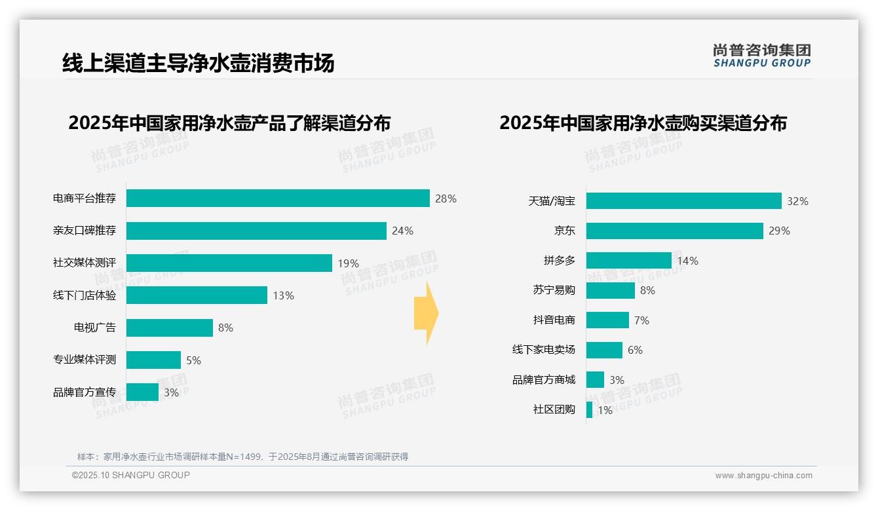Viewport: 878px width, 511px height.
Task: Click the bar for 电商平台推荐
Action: (x=278, y=199)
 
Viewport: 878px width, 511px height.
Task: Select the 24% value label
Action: (x=402, y=231)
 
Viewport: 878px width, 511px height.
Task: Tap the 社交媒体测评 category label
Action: (x=85, y=263)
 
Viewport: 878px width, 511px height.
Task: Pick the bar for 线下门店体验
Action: (x=197, y=295)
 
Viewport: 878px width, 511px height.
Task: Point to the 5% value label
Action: (x=193, y=360)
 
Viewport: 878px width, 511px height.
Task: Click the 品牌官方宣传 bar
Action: (x=142, y=392)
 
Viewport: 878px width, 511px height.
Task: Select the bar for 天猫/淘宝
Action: (x=683, y=201)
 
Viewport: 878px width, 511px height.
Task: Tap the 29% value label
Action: (x=780, y=231)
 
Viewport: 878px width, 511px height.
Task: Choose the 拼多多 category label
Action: (x=559, y=261)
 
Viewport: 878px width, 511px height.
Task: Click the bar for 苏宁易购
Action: (x=610, y=290)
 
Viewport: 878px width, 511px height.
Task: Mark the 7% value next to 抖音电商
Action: (x=641, y=320)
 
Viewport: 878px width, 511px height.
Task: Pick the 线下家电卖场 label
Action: (x=543, y=350)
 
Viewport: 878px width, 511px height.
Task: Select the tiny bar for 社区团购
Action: (x=589, y=410)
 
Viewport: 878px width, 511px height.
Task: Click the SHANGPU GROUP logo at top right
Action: (x=761, y=56)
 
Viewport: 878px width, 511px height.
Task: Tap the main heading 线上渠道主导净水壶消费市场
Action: (x=198, y=63)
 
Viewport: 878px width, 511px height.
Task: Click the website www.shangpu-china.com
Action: (x=763, y=476)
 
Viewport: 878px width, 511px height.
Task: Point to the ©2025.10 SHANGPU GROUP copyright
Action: (x=130, y=475)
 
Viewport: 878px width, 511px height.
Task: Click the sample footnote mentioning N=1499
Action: (x=242, y=457)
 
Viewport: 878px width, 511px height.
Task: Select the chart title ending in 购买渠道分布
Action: (x=643, y=123)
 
